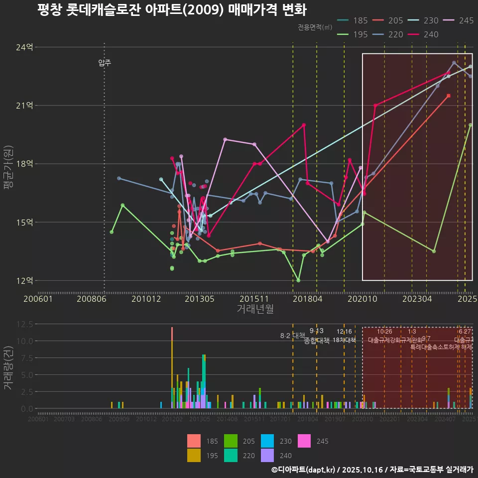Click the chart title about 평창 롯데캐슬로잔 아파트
172,10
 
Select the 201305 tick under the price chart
200,299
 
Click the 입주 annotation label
105,63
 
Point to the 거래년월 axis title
255,309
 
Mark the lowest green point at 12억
298,280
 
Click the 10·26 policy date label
384,332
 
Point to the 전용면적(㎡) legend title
315,27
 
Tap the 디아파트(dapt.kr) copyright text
304,470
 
